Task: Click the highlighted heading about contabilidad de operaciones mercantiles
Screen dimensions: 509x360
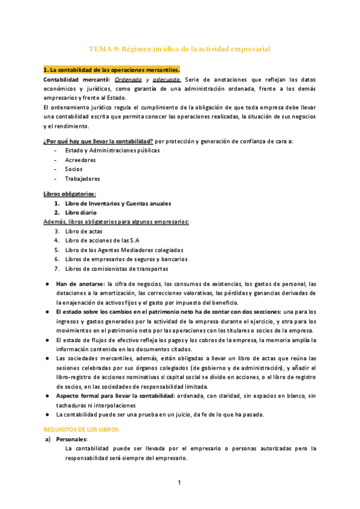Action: coord(112,70)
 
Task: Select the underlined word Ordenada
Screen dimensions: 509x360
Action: coord(128,79)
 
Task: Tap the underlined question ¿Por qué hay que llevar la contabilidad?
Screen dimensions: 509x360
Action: coord(98,141)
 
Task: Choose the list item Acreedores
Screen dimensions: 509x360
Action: coord(80,160)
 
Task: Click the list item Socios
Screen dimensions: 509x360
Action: coord(74,169)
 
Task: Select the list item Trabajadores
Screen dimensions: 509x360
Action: coord(82,178)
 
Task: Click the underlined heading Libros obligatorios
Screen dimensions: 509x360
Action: coord(70,194)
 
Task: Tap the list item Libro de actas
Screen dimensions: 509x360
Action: coord(85,231)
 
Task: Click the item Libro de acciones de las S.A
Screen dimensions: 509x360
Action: coord(103,241)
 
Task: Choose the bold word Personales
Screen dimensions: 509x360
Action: coord(75,439)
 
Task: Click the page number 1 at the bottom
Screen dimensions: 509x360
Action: coord(179,483)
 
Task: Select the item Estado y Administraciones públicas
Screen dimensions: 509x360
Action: coord(112,151)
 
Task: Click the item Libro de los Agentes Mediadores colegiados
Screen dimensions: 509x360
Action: coord(124,250)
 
